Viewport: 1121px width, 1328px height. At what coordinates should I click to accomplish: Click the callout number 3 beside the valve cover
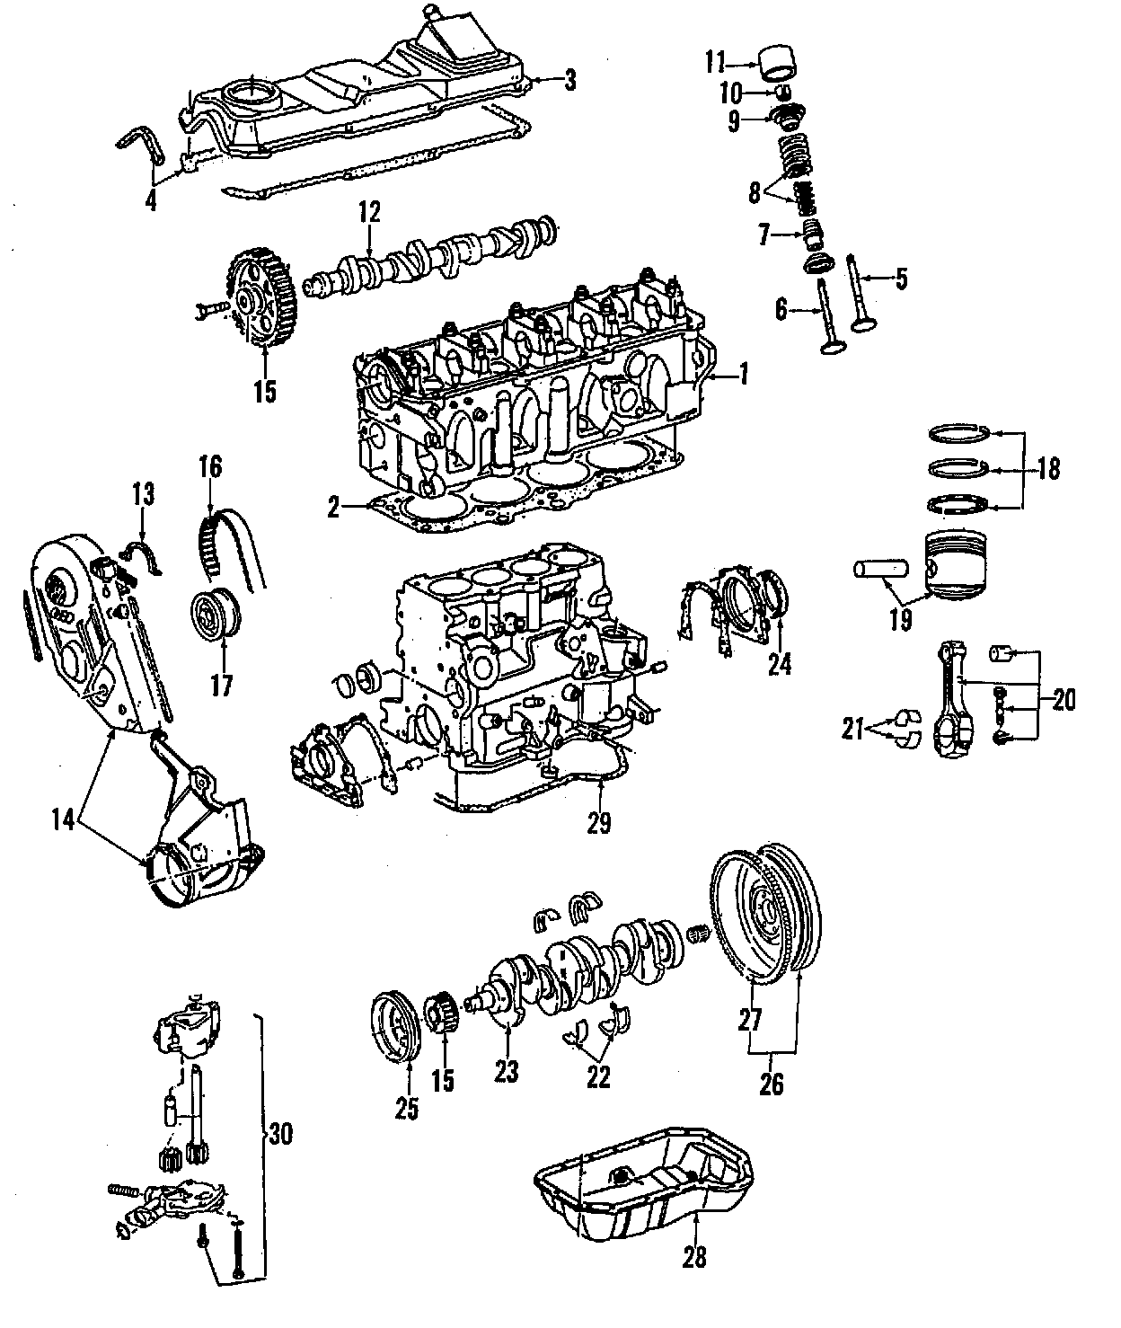click(x=569, y=81)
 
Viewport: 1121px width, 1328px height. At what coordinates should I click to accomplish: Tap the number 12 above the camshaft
click(x=369, y=213)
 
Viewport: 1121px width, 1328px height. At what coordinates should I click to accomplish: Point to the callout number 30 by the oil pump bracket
click(x=281, y=1135)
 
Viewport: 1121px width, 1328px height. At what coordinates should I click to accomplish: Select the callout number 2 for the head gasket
click(x=333, y=509)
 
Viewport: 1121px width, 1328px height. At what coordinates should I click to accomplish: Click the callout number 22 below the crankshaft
click(x=597, y=1076)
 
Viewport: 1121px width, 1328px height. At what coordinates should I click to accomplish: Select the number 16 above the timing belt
click(x=211, y=468)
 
